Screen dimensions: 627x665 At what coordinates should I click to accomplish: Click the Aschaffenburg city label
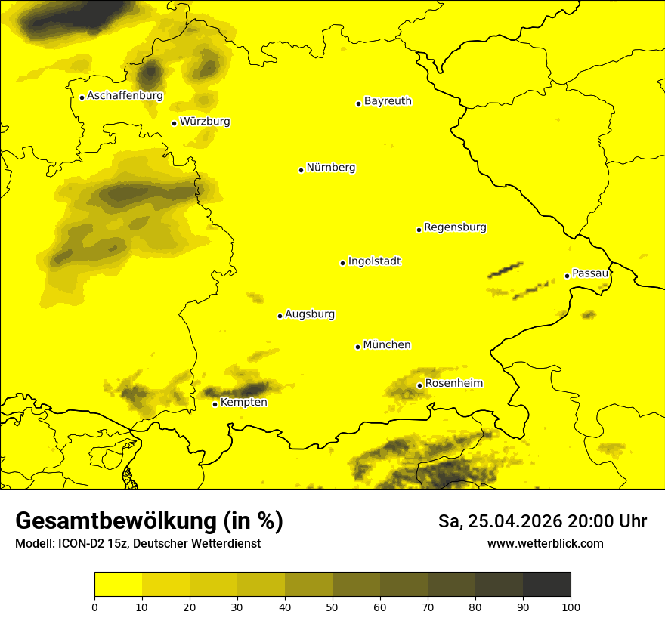click(x=125, y=96)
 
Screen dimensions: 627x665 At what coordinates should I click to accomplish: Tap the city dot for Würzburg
click(x=174, y=123)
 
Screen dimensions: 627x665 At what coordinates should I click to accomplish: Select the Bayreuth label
click(x=388, y=101)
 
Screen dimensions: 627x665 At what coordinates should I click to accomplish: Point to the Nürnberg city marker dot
click(x=301, y=170)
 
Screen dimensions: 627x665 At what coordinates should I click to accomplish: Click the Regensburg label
click(x=455, y=227)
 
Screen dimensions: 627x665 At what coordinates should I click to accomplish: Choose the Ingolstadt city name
click(x=374, y=261)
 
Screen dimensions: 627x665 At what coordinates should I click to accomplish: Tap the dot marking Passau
click(x=567, y=276)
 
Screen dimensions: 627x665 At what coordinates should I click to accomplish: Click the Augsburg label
click(x=310, y=314)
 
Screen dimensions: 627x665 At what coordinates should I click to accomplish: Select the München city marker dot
click(x=357, y=347)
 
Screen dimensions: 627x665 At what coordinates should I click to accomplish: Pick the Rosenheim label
click(x=453, y=384)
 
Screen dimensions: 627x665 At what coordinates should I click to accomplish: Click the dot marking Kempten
click(x=215, y=404)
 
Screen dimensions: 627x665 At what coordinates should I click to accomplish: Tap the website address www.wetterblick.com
click(x=545, y=544)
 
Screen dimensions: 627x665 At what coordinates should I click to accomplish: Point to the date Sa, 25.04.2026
click(x=500, y=521)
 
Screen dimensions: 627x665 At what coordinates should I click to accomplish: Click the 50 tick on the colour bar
click(x=332, y=607)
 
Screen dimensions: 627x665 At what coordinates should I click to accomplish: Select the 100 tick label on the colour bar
click(x=571, y=607)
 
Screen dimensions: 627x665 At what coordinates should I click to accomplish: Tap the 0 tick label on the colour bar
click(x=94, y=607)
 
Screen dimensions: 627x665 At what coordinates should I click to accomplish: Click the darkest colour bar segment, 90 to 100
click(x=546, y=585)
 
